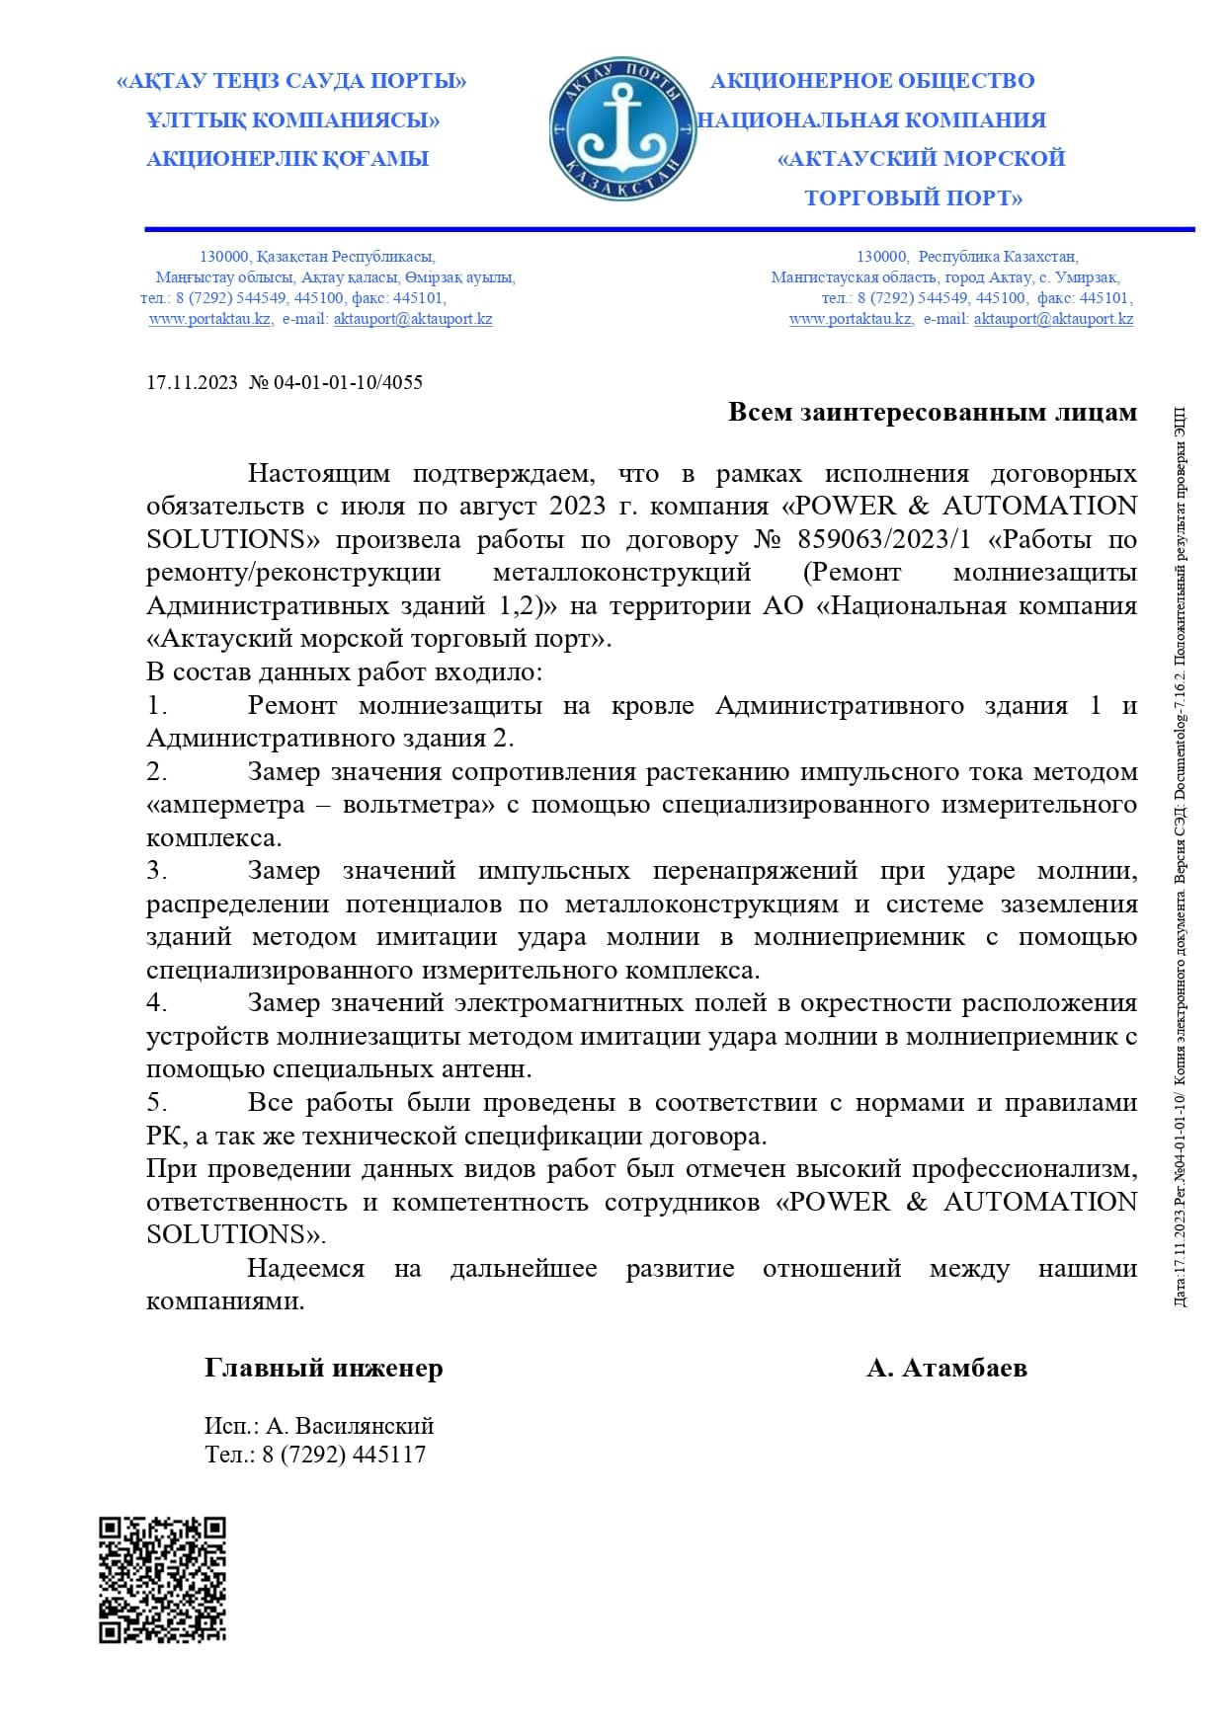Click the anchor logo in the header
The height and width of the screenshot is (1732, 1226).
(x=621, y=129)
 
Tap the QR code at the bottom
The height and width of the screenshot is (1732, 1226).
(x=162, y=1579)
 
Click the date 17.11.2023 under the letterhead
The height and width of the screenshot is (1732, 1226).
(x=192, y=382)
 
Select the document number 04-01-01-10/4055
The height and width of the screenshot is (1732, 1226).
(x=348, y=382)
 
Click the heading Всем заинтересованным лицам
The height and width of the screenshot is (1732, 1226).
(x=932, y=412)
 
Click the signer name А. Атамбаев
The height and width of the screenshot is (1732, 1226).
(x=946, y=1368)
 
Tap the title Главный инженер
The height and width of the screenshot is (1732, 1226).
(x=323, y=1368)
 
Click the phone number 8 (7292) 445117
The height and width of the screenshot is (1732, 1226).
(x=344, y=1455)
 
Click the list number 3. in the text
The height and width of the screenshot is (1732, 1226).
(x=157, y=871)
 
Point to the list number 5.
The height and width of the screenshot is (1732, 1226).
(x=157, y=1102)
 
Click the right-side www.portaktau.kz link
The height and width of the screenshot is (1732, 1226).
(x=850, y=319)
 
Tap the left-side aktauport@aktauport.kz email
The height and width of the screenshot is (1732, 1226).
(x=412, y=319)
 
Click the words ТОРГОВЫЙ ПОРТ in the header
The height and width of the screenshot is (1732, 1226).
(x=913, y=197)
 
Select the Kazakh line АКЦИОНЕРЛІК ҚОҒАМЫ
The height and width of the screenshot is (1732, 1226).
(x=286, y=159)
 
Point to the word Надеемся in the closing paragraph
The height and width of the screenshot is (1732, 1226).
(x=305, y=1268)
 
